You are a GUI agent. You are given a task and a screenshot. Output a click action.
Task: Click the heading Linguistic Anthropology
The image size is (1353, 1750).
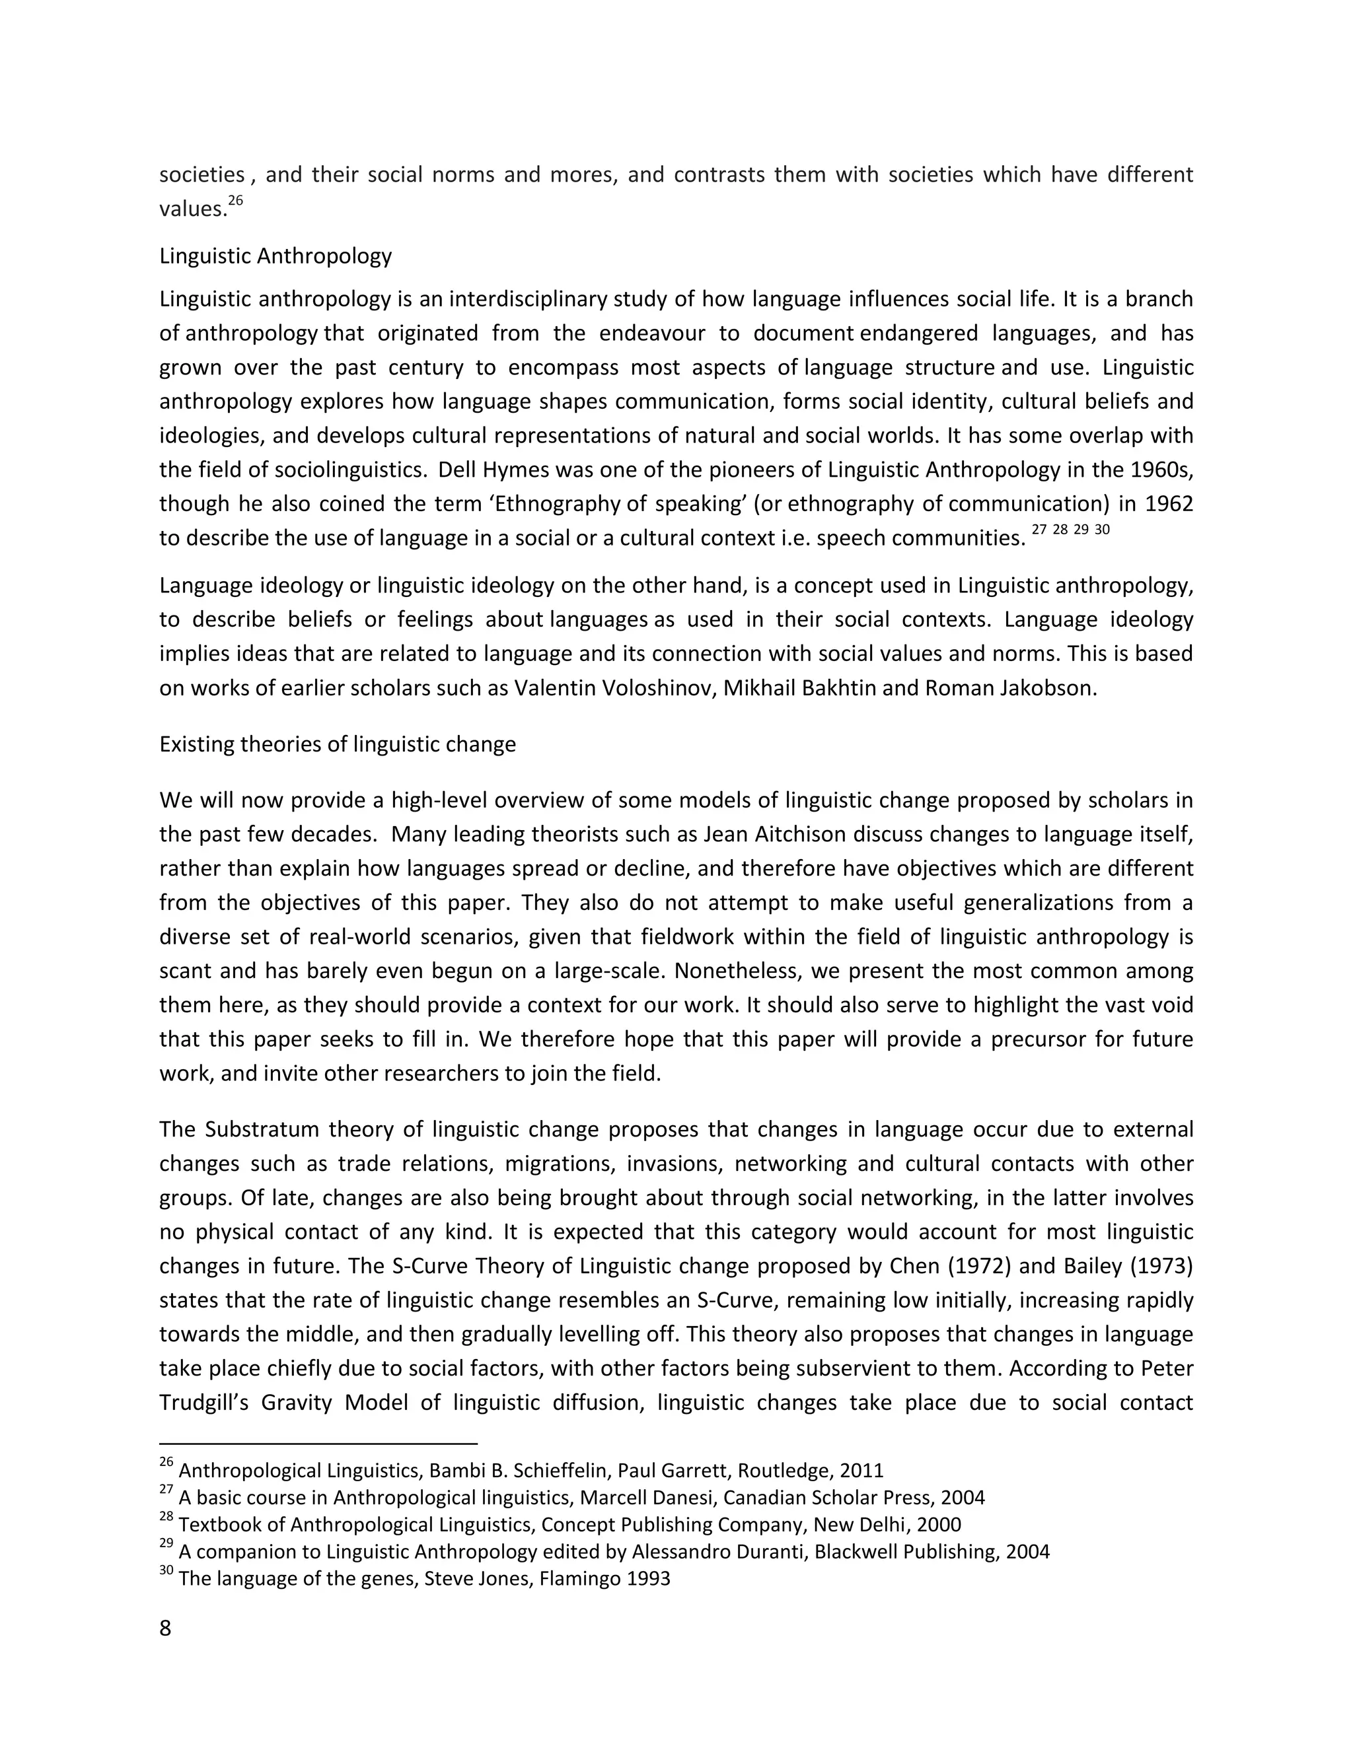click(275, 256)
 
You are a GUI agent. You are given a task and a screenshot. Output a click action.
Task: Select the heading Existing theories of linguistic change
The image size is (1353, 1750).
click(338, 744)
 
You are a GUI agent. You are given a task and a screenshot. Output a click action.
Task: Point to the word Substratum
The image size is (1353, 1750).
click(259, 1130)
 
